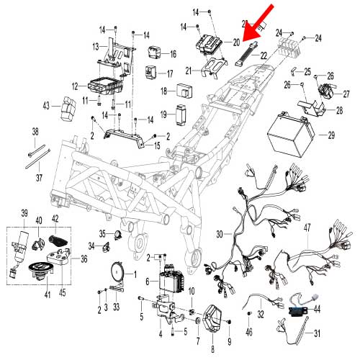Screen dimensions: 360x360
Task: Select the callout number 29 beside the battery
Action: click(331, 135)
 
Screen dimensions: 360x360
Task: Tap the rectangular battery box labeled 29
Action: click(289, 135)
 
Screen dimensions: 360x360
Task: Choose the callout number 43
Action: click(46, 106)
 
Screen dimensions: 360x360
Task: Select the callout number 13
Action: click(94, 45)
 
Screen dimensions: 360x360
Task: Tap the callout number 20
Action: click(235, 42)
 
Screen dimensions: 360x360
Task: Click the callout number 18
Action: click(163, 91)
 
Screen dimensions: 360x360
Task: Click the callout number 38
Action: click(35, 131)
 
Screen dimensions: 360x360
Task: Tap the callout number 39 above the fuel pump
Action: click(24, 212)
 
